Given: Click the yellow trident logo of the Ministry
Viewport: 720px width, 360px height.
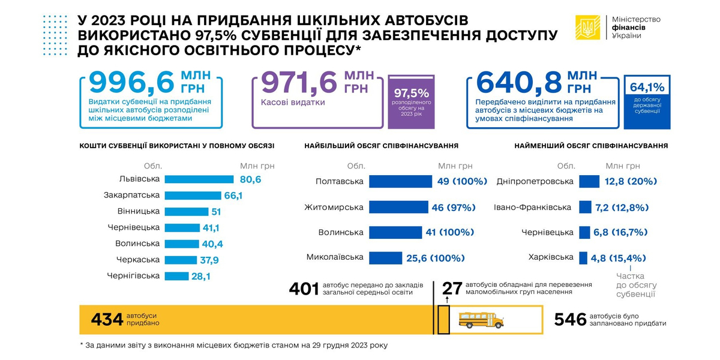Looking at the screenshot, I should pyautogui.click(x=587, y=28).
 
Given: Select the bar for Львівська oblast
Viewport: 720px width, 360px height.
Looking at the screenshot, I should pyautogui.click(x=199, y=179).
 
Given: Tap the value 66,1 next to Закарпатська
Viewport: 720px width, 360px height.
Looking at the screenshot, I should pyautogui.click(x=233, y=196).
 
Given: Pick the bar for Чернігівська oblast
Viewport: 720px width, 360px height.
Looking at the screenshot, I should pyautogui.click(x=176, y=276).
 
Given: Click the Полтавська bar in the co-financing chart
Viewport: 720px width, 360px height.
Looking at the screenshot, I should pyautogui.click(x=400, y=181).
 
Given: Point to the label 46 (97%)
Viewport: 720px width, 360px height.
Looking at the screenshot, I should pyautogui.click(x=453, y=208).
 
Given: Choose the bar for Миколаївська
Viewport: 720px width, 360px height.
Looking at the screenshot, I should pyautogui.click(x=385, y=258).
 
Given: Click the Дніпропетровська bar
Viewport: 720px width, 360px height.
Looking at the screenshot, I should pyautogui.click(x=589, y=181).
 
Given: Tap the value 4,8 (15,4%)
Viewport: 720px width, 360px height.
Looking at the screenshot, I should pyautogui.click(x=618, y=258).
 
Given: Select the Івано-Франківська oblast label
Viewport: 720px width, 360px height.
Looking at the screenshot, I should pyautogui.click(x=532, y=208).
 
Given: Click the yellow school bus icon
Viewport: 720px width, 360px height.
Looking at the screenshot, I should pyautogui.click(x=481, y=319).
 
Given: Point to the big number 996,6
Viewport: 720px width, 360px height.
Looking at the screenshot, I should pyautogui.click(x=131, y=82).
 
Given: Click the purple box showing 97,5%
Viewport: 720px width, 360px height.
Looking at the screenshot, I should pyautogui.click(x=411, y=102).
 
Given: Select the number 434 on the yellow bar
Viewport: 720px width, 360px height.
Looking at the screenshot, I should pyautogui.click(x=107, y=319).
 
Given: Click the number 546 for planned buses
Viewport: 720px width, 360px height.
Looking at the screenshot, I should pyautogui.click(x=570, y=319).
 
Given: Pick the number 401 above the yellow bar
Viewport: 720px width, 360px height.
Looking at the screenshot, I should pyautogui.click(x=304, y=289).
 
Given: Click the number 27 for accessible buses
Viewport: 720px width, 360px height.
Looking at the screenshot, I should pyautogui.click(x=452, y=288).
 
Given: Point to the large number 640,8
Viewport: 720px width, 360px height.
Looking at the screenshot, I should pyautogui.click(x=518, y=82).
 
